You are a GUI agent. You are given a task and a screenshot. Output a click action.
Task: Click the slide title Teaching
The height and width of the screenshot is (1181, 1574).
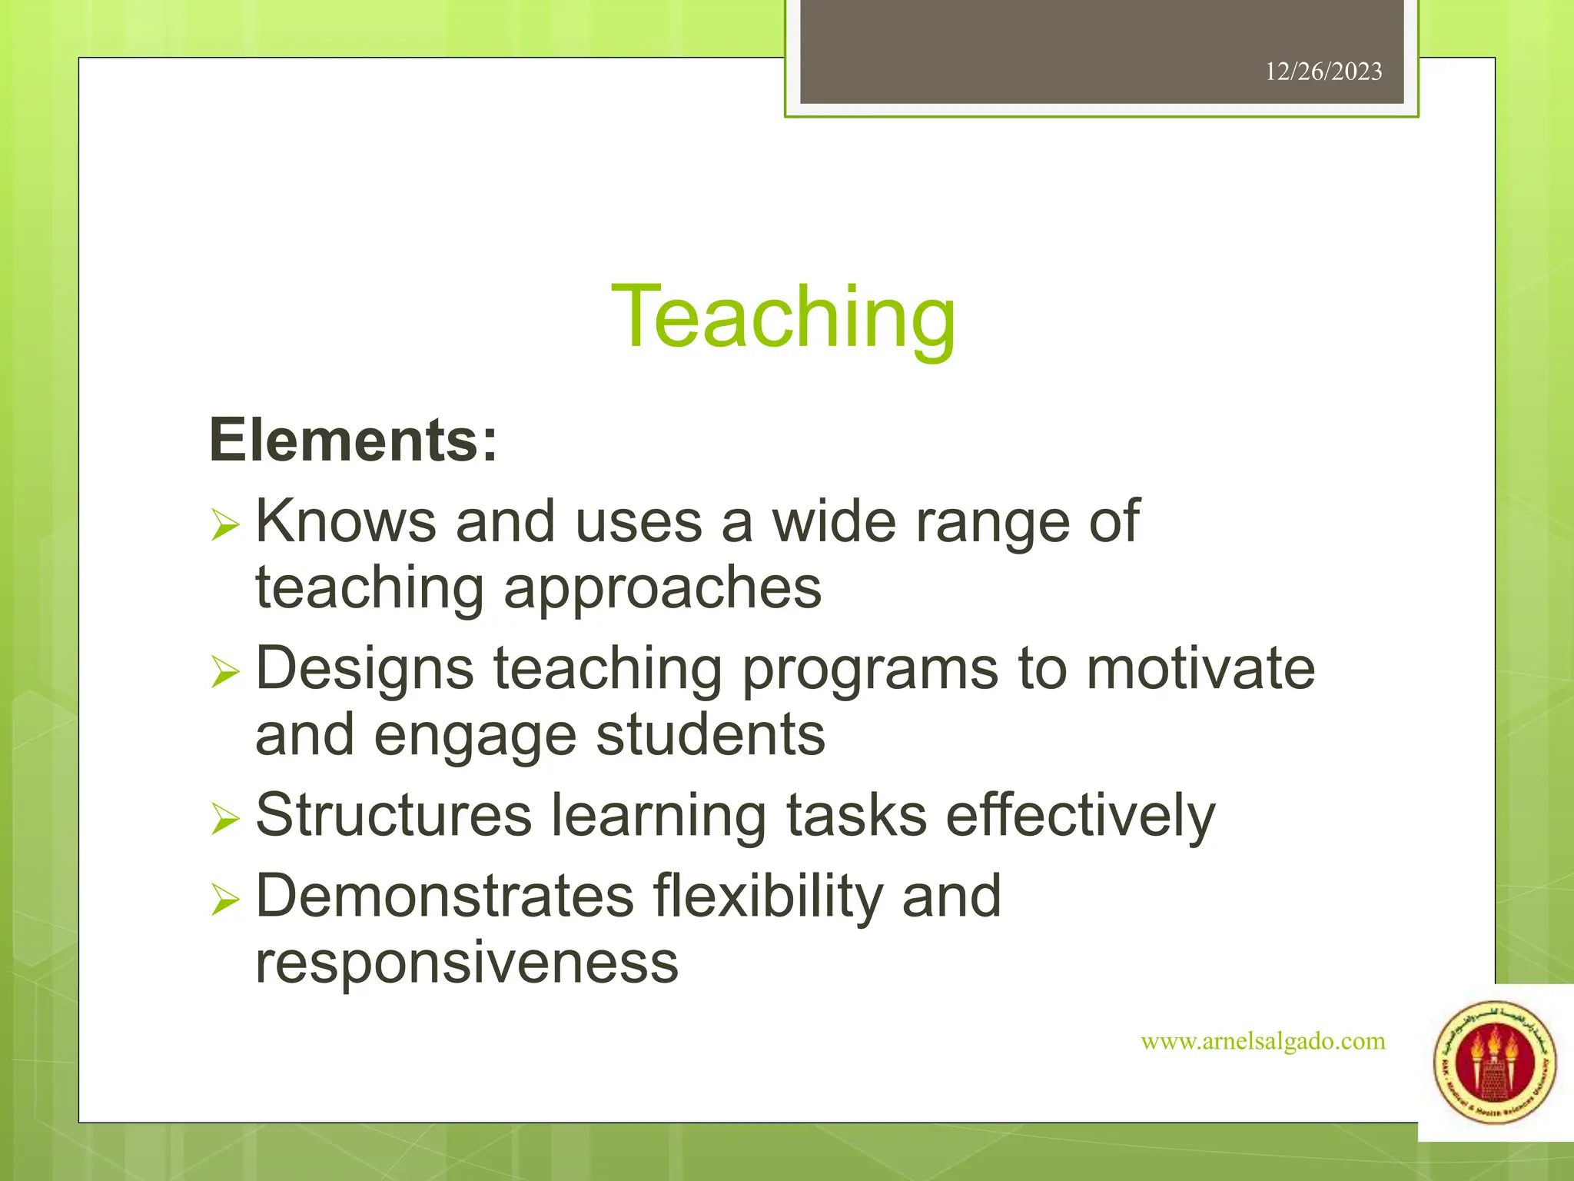coord(783,318)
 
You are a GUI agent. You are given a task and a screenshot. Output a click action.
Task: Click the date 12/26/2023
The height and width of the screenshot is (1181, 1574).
coord(1323,72)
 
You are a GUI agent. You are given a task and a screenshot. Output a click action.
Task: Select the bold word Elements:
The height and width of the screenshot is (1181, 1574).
coord(354,441)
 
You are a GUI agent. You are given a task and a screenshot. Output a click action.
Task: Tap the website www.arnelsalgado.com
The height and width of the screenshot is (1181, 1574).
coord(1263,1041)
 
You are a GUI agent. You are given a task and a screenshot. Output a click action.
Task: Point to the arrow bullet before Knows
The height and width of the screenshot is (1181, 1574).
coord(225,527)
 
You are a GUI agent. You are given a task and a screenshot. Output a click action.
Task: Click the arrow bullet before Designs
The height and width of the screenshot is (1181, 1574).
coord(225,673)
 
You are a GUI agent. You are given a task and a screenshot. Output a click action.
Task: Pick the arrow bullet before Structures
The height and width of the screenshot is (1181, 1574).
coord(225,820)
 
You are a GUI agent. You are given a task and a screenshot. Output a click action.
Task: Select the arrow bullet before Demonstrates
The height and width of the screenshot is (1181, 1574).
coord(225,900)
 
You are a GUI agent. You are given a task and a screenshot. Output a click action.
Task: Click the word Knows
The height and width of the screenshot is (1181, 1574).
coord(346,521)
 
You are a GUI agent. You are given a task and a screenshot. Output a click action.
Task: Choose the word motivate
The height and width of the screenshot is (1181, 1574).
coord(1200,668)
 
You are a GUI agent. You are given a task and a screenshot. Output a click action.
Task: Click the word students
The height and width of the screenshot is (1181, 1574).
coord(711,735)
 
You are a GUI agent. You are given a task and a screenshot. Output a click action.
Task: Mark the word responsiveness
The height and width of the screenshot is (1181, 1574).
coord(467,962)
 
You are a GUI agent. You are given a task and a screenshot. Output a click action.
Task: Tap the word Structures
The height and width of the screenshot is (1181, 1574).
coord(393,815)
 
